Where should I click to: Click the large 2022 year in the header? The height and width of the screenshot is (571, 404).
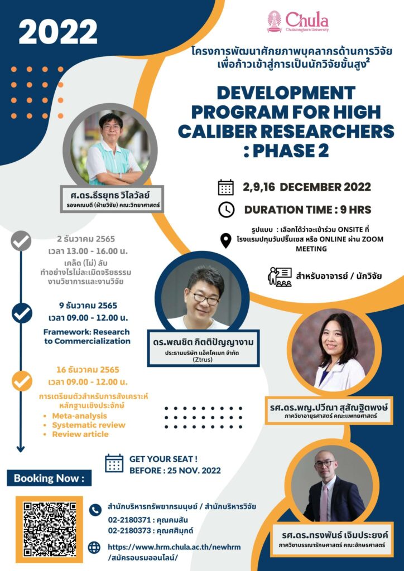point(58,32)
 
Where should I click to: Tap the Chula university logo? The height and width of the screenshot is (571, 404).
point(298,22)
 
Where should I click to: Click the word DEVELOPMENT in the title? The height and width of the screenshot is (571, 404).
point(286,93)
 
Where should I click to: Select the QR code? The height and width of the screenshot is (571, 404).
point(50,529)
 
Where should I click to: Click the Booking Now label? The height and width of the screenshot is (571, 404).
point(49,478)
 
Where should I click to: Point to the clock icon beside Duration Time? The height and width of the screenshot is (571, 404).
point(226,210)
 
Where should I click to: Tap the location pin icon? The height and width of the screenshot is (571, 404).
point(226,241)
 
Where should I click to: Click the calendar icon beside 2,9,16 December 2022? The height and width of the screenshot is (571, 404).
point(226,187)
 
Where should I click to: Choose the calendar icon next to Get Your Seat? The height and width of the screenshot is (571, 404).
point(114,463)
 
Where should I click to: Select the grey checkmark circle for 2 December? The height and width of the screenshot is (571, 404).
point(21,241)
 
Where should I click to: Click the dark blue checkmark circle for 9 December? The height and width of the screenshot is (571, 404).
point(22,313)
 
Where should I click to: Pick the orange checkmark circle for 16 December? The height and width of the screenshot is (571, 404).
point(22,380)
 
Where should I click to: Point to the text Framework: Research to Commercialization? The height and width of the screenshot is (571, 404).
point(86,336)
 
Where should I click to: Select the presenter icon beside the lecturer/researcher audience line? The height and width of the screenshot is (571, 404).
point(280,277)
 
